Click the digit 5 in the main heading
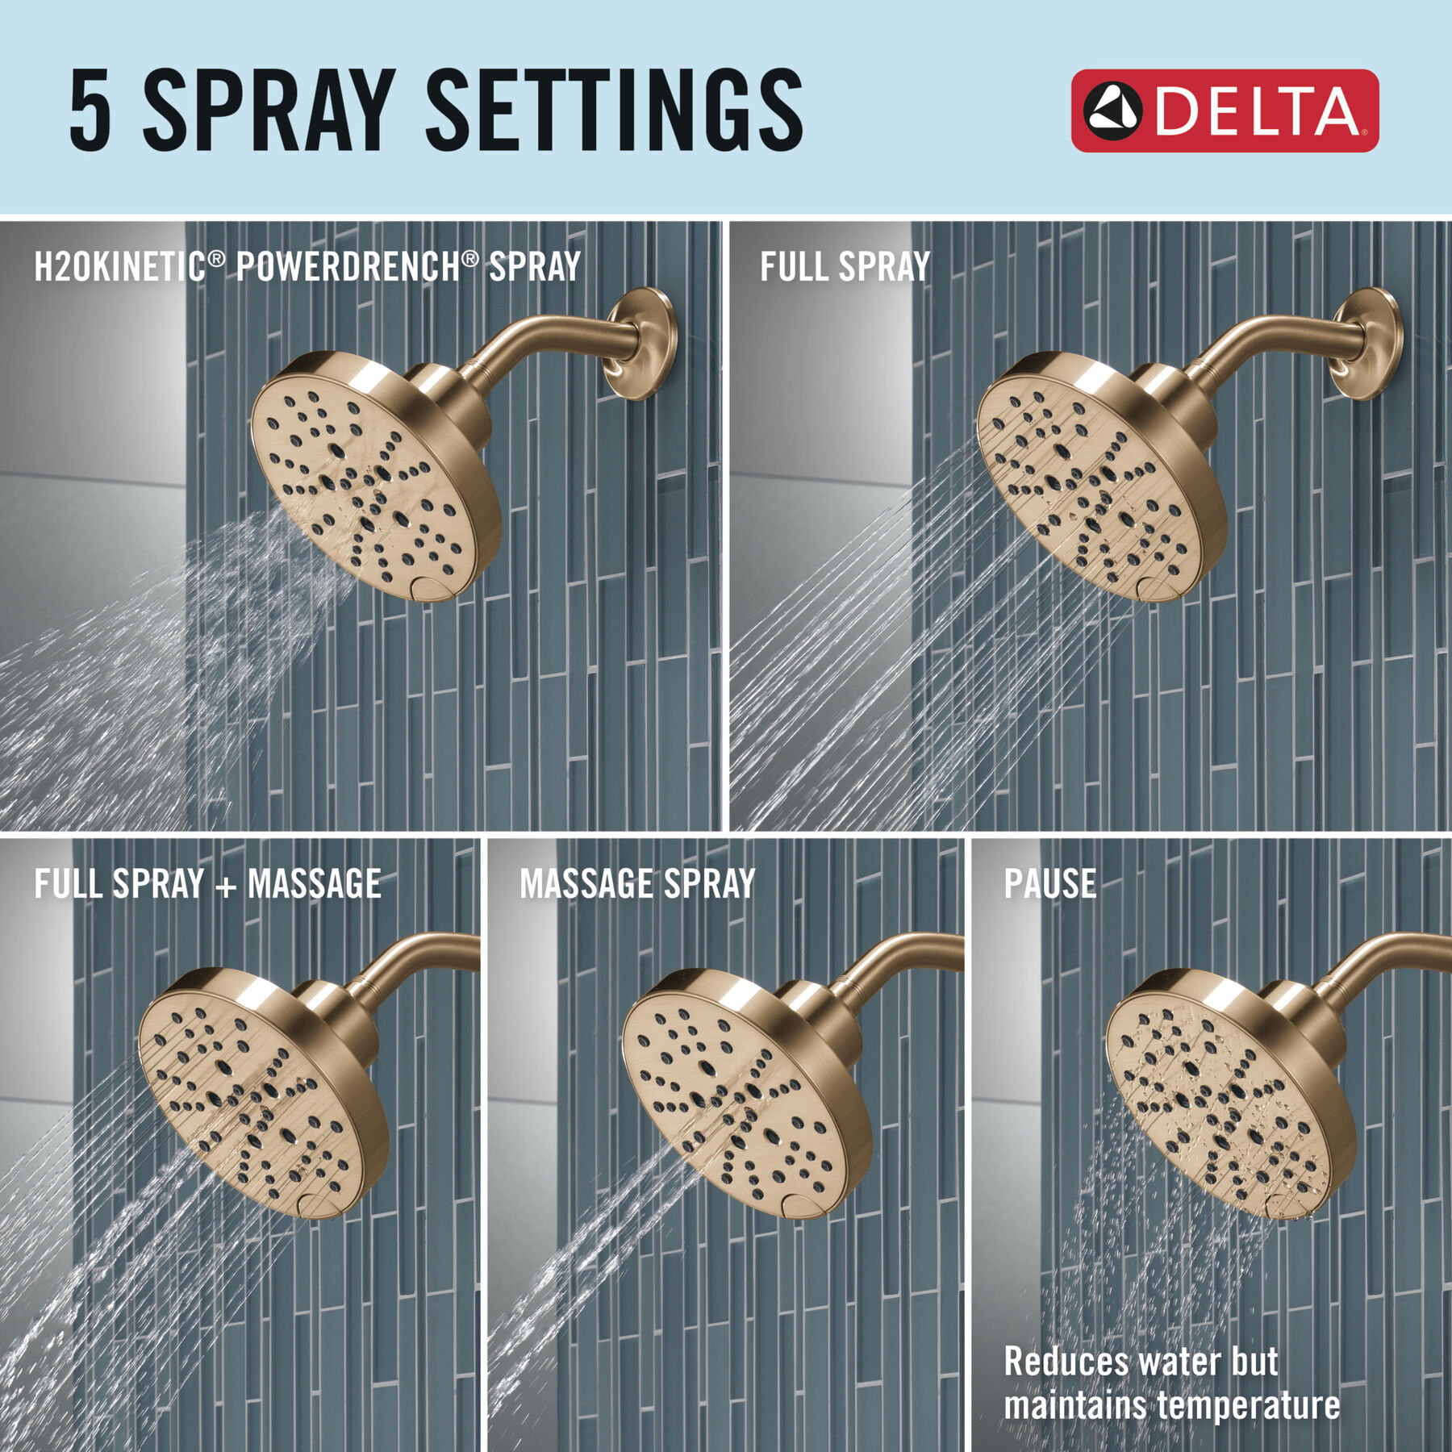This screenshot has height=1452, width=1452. pyautogui.click(x=90, y=111)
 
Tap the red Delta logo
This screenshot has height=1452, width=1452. pyautogui.click(x=1224, y=111)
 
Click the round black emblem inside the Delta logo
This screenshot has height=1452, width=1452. pyautogui.click(x=1112, y=111)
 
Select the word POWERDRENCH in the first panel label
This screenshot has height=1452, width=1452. pyautogui.click(x=348, y=267)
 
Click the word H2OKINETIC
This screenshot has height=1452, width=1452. pyautogui.click(x=119, y=267)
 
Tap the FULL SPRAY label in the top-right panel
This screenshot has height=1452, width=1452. pyautogui.click(x=845, y=267)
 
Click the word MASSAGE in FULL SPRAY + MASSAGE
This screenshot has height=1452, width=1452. pyautogui.click(x=315, y=884)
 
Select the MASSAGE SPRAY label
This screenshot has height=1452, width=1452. pyautogui.click(x=637, y=884)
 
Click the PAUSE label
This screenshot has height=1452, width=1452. pyautogui.click(x=1049, y=884)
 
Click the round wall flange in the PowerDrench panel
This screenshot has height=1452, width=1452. pyautogui.click(x=641, y=344)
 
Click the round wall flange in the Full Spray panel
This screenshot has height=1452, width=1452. pyautogui.click(x=1367, y=344)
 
